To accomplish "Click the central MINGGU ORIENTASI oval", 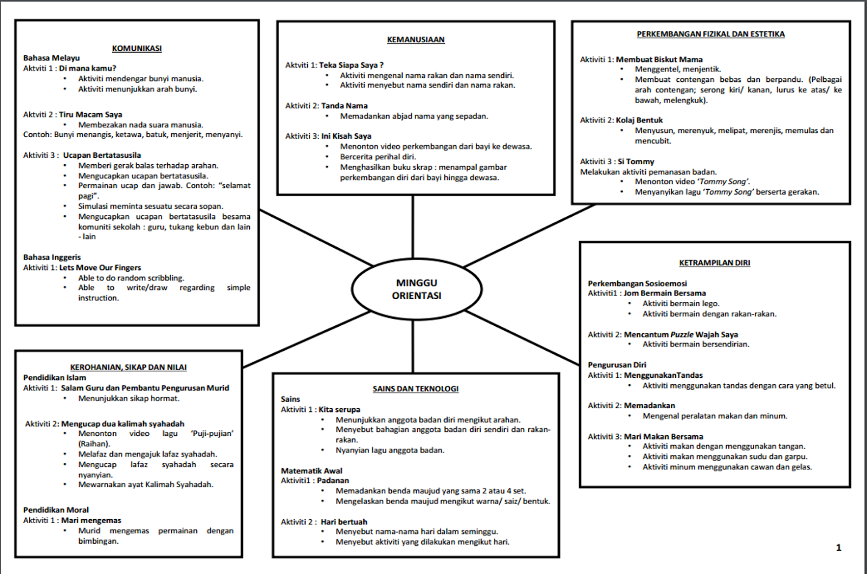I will pos(416,289).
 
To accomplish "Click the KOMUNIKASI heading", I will pos(137,48).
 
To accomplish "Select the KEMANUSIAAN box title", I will pos(416,40).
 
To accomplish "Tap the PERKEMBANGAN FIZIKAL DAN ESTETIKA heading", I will pos(710,34).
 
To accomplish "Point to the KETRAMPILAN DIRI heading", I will pos(714,263).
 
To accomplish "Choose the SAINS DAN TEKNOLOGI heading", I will pos(416,389).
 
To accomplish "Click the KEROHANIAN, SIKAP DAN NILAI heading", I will pos(128,367).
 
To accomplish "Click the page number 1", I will pos(838,547).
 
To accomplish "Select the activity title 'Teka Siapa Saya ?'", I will pos(351,65).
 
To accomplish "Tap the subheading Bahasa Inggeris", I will pos(52,257).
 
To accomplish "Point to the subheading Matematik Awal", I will pos(312,470).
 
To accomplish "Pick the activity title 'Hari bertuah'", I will pos(344,521).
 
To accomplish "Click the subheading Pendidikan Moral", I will pos(56,509).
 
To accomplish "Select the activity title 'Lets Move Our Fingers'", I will pos(100,267).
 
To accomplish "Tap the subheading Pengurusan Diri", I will pos(617,365).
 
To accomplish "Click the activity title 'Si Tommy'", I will pos(636,162).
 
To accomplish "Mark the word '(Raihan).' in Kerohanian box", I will pos(94,443).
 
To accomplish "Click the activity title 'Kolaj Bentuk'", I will pos(639,120).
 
